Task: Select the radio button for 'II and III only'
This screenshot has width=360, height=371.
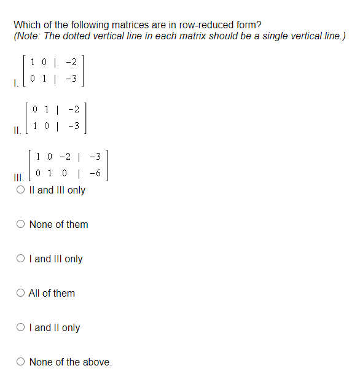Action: (20, 190)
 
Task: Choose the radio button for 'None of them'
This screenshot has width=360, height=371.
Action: (20, 224)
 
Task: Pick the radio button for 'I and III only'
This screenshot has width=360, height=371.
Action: (20, 259)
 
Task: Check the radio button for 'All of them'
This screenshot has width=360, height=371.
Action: (20, 293)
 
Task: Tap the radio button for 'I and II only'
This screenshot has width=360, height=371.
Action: (20, 327)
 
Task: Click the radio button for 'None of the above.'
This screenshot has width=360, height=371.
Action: (20, 362)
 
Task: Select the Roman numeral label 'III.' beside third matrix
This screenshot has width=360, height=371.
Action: (18, 178)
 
